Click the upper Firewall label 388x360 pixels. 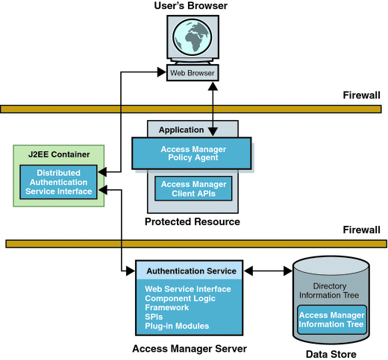point(361,95)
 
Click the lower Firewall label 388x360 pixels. point(361,230)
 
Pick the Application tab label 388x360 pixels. point(181,130)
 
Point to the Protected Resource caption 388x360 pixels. point(193,221)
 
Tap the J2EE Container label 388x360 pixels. point(59,154)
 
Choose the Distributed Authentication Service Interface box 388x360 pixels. point(58,183)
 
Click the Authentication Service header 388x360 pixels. point(191,271)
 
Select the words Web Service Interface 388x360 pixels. point(188,289)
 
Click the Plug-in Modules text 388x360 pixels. point(177,326)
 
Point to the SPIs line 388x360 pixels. point(154,317)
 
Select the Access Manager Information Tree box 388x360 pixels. point(331,320)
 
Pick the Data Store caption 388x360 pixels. point(331,354)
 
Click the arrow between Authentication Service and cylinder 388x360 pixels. point(269,271)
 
